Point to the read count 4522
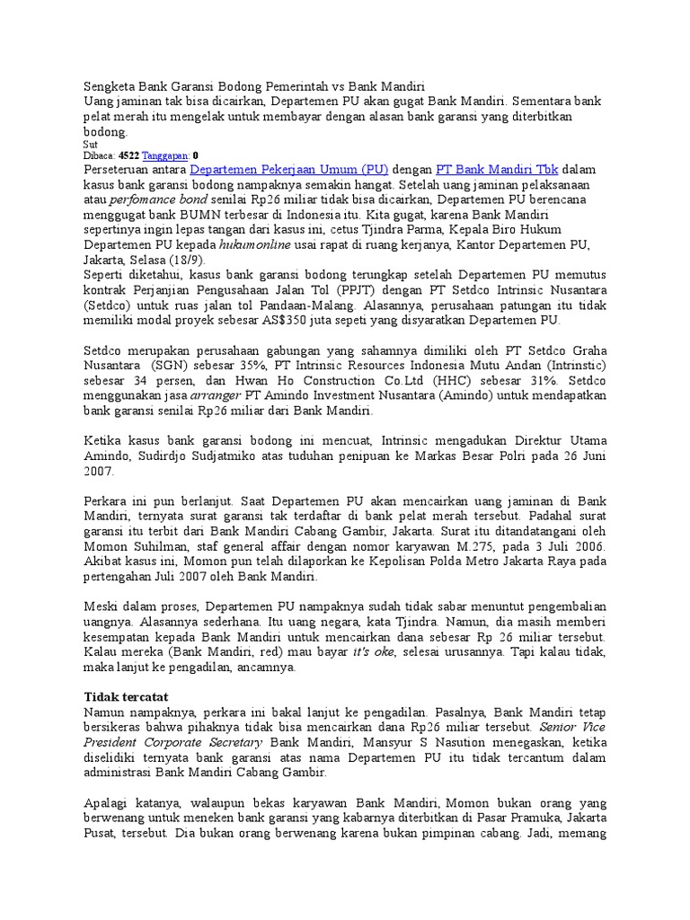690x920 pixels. coord(129,155)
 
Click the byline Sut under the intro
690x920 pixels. coord(90,144)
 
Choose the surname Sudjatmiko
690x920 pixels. coord(228,456)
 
